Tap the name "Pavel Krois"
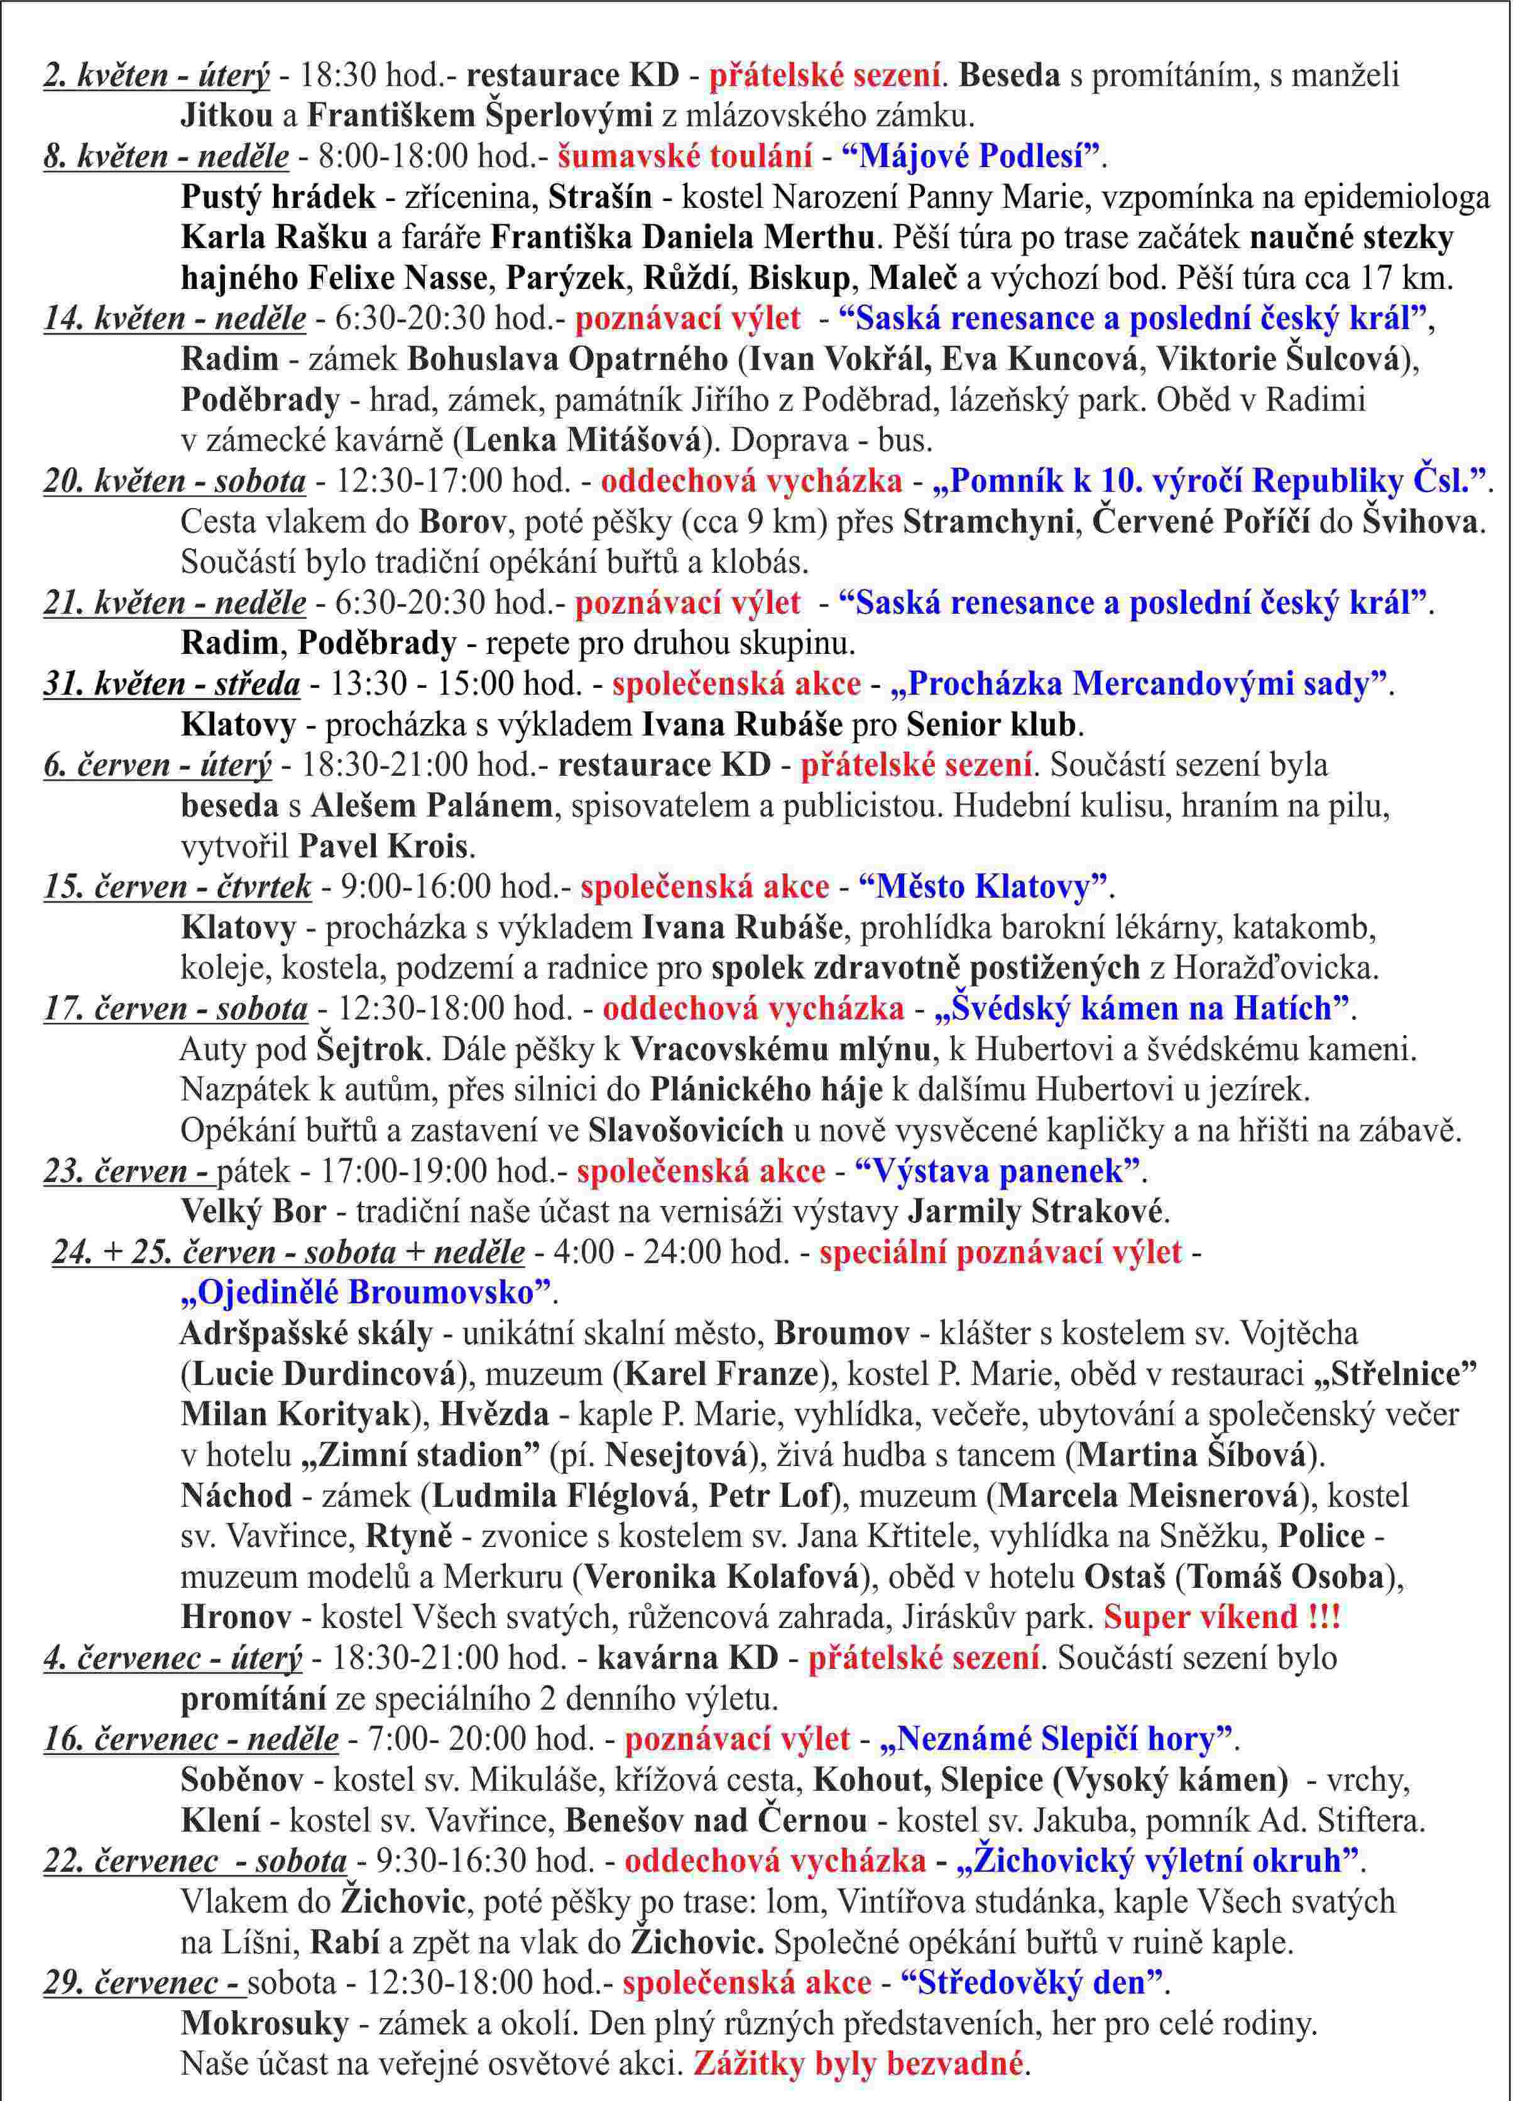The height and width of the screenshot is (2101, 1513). tap(385, 847)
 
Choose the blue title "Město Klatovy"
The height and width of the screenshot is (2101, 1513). tap(983, 888)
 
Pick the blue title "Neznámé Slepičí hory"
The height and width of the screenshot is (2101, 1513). tap(1058, 1740)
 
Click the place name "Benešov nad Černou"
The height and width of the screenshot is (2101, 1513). tap(716, 1821)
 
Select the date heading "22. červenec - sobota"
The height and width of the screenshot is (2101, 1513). tap(195, 1861)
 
